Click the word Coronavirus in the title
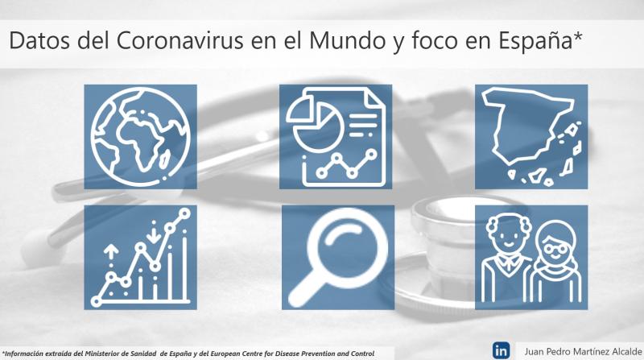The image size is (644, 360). [x=180, y=41]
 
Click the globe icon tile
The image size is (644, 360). [x=140, y=137]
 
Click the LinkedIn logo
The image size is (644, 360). [x=501, y=351]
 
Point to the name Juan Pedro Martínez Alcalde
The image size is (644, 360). [x=583, y=352]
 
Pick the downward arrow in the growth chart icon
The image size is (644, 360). [x=154, y=232]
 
